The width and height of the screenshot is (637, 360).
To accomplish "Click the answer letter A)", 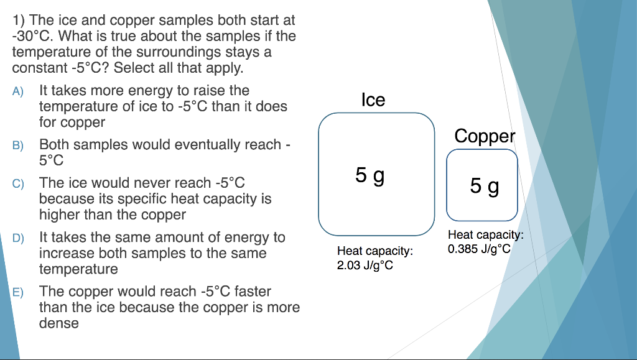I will tap(17, 91).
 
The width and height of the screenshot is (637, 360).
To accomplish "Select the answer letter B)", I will tap(17, 145).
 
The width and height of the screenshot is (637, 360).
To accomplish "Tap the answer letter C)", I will tap(17, 183).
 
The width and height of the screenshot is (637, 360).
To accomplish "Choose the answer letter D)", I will tap(17, 238).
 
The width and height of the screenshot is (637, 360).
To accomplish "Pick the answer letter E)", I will tap(17, 292).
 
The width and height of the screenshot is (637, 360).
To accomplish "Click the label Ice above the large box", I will tap(373, 99).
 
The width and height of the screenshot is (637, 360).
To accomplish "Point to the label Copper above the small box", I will tap(485, 136).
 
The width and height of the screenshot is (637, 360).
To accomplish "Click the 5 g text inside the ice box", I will tap(370, 176).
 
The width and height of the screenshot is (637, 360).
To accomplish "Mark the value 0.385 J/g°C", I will tap(478, 249).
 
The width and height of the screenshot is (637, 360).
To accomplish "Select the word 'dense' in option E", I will tap(59, 323).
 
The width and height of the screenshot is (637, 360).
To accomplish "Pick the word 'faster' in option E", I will tap(253, 291).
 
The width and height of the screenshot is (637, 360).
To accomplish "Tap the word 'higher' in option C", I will tap(59, 215).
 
